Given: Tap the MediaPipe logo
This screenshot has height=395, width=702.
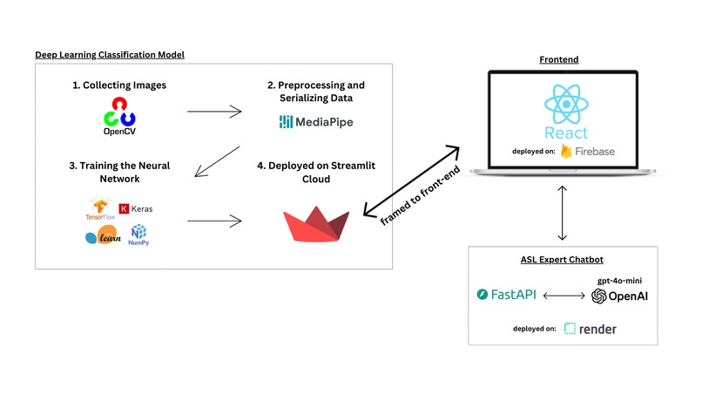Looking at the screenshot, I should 316,121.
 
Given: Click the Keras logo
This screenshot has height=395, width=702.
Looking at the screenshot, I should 135,208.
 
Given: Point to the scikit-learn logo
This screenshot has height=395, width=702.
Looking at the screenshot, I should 102,236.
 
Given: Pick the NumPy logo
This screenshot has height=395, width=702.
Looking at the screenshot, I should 138,235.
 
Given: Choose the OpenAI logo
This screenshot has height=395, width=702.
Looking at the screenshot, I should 619,296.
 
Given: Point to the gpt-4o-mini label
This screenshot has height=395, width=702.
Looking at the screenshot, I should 620,281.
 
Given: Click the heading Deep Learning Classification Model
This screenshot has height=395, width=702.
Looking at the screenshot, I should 110,55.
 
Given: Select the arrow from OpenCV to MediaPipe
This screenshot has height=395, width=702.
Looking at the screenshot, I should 214,111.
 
